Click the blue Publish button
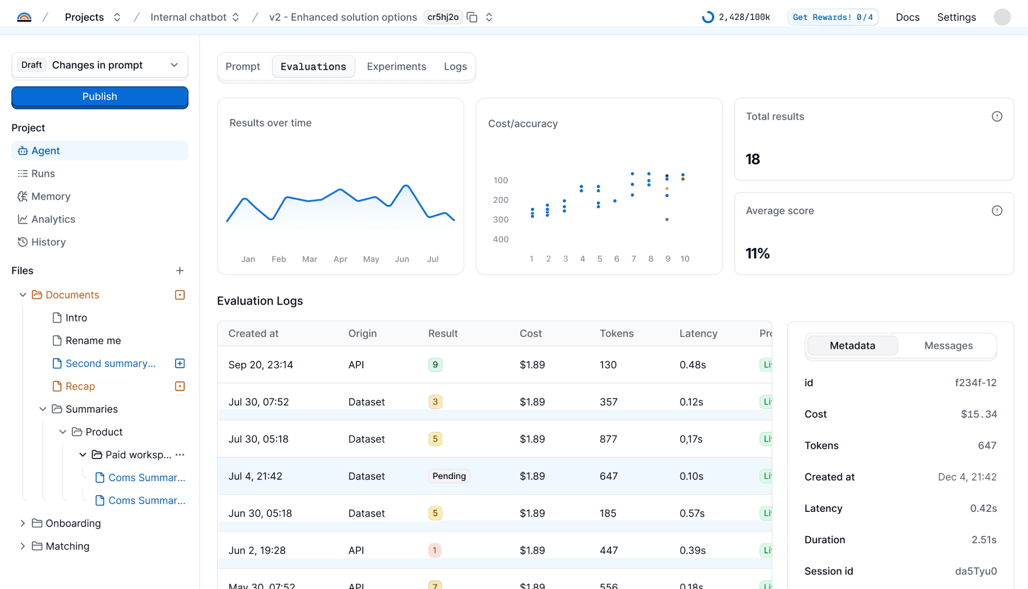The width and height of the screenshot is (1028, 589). pyautogui.click(x=100, y=97)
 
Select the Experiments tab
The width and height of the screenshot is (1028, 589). pyautogui.click(x=396, y=66)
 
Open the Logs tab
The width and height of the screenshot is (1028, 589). pyautogui.click(x=455, y=66)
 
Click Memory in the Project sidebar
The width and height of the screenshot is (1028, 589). pyautogui.click(x=51, y=196)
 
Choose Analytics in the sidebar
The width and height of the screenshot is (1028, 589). pyautogui.click(x=53, y=219)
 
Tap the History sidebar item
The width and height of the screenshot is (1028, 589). pyautogui.click(x=48, y=242)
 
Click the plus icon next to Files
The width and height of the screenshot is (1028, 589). pyautogui.click(x=180, y=271)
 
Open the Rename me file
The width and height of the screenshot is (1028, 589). pyautogui.click(x=93, y=340)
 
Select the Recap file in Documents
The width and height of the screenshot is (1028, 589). pyautogui.click(x=80, y=386)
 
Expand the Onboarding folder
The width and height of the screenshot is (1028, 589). pyautogui.click(x=23, y=523)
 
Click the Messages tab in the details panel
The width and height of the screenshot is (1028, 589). pyautogui.click(x=948, y=346)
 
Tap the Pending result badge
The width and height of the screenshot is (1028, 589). pyautogui.click(x=449, y=476)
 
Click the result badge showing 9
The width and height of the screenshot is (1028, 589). pyautogui.click(x=435, y=365)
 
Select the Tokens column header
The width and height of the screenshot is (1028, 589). pyautogui.click(x=616, y=333)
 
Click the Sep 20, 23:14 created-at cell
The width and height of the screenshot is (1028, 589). pyautogui.click(x=261, y=365)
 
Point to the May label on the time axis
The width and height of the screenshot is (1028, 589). pyautogui.click(x=371, y=259)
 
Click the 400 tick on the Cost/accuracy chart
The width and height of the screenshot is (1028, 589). pyautogui.click(x=501, y=239)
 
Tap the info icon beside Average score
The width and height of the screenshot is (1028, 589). pyautogui.click(x=997, y=211)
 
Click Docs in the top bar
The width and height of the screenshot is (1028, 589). pyautogui.click(x=907, y=17)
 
